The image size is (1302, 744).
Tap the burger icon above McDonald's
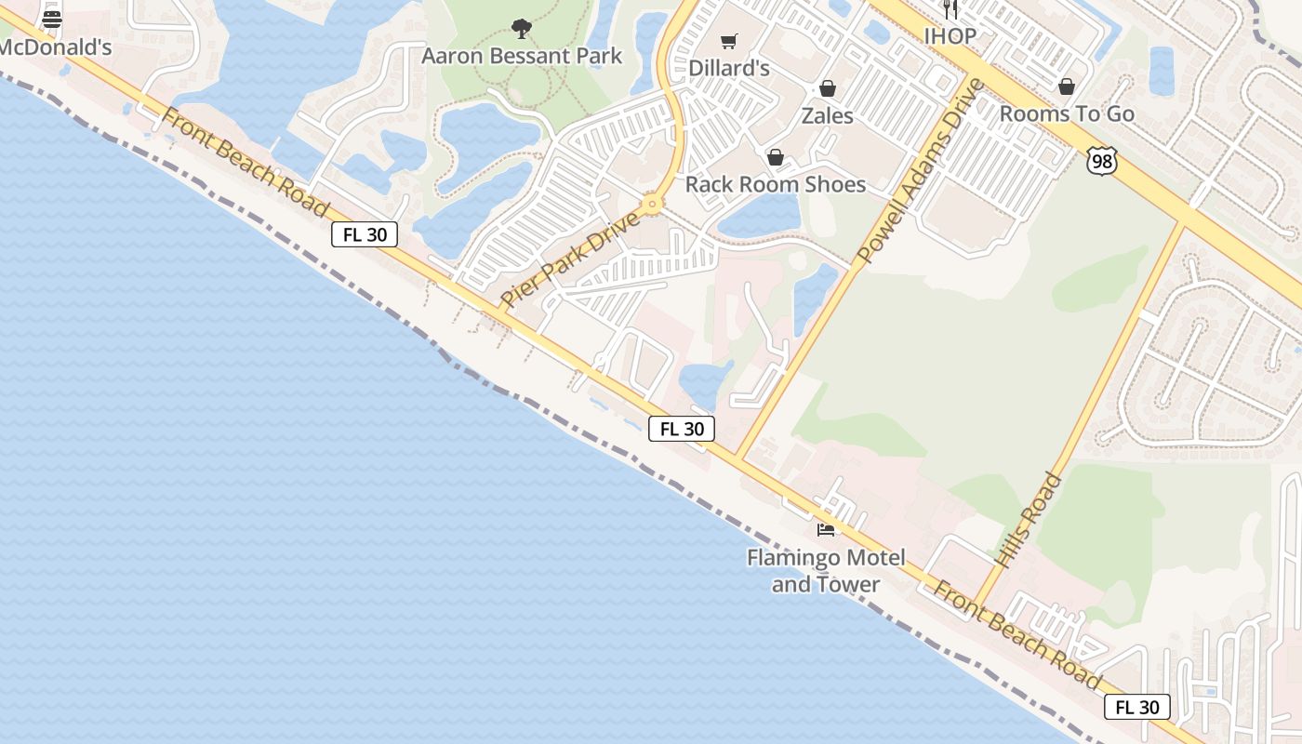coord(52,19)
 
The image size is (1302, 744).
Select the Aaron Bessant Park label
coord(522,56)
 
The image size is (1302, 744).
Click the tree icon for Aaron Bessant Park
coord(522,29)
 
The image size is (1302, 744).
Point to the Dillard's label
coord(729,68)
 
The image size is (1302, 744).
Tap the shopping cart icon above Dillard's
coord(729,41)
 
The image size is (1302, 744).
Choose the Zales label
coord(827,115)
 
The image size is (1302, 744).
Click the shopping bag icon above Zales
coord(827,88)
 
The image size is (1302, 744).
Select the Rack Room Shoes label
coord(776,184)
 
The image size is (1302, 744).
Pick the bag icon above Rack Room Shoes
coord(775,157)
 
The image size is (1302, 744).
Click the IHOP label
coord(950,36)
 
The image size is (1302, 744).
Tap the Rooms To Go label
coord(1067,113)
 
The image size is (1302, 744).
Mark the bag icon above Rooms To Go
coord(1067,86)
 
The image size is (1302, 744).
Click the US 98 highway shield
coord(1100,160)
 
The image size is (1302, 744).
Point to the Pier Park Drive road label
coord(571,259)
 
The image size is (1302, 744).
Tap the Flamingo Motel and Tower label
coord(826,571)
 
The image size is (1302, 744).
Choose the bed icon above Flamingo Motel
coord(826,529)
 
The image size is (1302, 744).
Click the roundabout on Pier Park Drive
coord(653,204)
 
